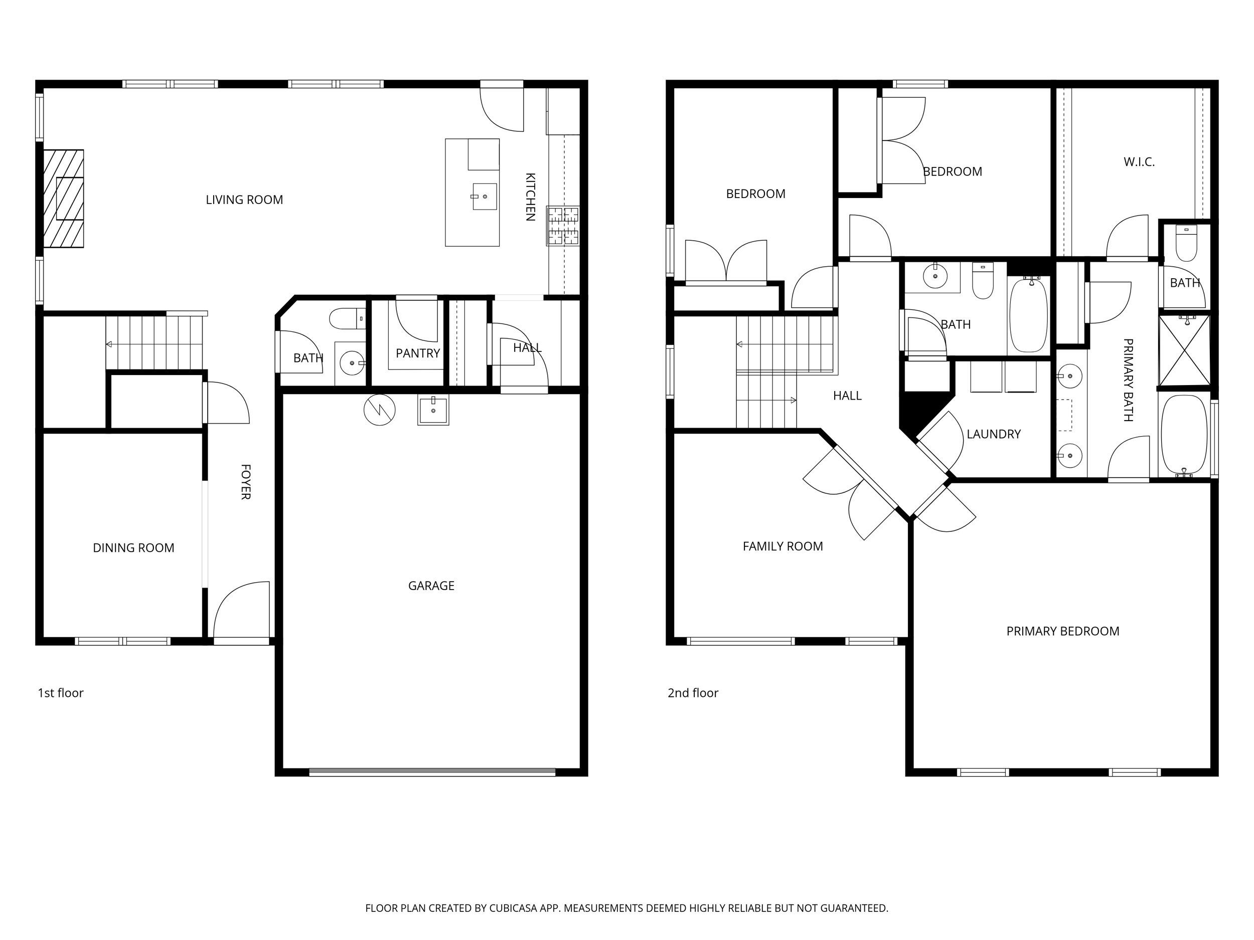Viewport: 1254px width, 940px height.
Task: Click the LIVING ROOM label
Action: click(x=244, y=200)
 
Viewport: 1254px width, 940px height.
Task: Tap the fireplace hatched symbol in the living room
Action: click(x=64, y=199)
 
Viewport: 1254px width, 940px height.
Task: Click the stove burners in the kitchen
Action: click(x=563, y=226)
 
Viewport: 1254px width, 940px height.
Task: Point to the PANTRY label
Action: click(x=418, y=353)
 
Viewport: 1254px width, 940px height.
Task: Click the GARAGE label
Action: click(x=431, y=585)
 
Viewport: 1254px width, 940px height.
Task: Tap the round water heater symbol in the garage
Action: click(x=379, y=410)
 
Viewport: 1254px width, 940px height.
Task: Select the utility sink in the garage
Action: click(x=433, y=411)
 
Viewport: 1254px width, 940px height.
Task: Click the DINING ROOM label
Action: click(x=133, y=547)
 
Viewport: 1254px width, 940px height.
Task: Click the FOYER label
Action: click(x=245, y=482)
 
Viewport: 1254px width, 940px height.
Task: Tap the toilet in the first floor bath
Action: click(x=346, y=318)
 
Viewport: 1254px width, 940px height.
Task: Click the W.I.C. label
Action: click(x=1139, y=162)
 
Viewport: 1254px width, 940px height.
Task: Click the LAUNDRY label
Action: click(x=993, y=434)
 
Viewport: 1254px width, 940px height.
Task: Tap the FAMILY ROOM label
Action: click(x=782, y=546)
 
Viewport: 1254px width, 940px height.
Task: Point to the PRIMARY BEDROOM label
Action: click(x=1062, y=631)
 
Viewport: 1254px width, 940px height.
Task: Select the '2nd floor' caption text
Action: click(x=693, y=693)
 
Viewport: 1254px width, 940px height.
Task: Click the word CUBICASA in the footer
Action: click(x=513, y=908)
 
